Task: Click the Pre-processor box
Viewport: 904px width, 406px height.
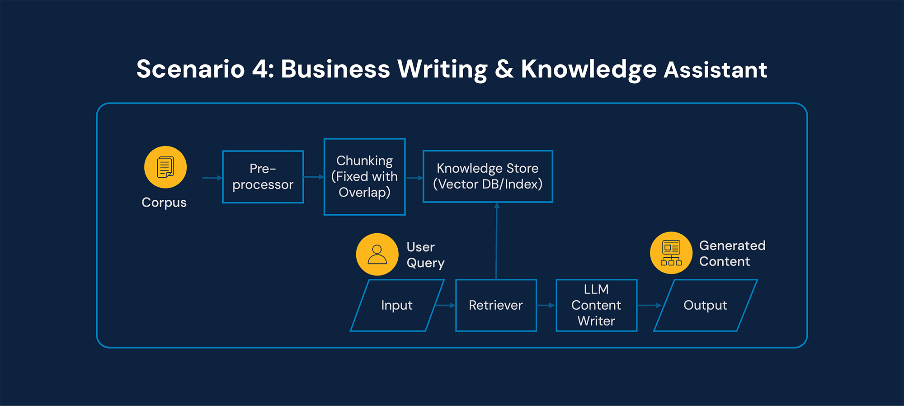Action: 263,177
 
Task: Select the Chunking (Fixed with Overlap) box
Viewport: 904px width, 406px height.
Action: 364,177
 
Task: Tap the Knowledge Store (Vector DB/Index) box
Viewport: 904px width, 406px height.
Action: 487,176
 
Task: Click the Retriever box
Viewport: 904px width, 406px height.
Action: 496,306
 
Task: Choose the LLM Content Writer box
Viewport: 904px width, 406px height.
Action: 596,306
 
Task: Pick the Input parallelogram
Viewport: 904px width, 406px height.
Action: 397,306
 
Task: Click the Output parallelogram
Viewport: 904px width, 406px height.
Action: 705,306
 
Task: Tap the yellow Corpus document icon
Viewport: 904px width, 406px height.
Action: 165,167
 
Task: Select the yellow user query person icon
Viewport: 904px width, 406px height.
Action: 377,254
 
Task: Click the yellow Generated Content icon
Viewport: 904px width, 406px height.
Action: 671,253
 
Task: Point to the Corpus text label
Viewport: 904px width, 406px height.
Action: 164,203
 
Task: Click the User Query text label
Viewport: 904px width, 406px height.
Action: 425,255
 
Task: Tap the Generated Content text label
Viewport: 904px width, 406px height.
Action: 732,254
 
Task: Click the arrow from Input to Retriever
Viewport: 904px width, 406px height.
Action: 445,306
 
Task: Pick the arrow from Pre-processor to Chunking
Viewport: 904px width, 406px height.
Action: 314,177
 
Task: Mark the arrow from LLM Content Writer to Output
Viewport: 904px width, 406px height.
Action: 649,306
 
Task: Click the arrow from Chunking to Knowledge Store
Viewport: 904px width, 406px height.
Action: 414,178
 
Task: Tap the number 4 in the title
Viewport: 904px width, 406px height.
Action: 260,70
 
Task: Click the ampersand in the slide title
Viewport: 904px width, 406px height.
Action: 504,70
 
